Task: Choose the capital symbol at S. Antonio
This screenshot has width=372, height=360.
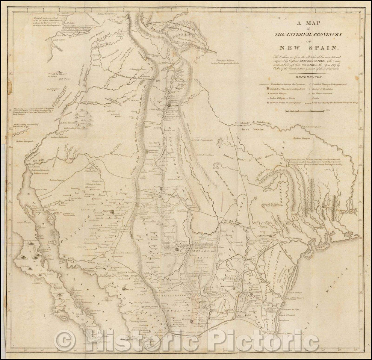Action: (269, 237)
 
